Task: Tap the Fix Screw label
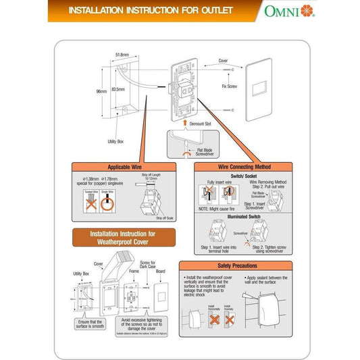coord(228,86)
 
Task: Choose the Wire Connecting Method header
coord(244,167)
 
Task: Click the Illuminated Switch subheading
coord(244,218)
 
